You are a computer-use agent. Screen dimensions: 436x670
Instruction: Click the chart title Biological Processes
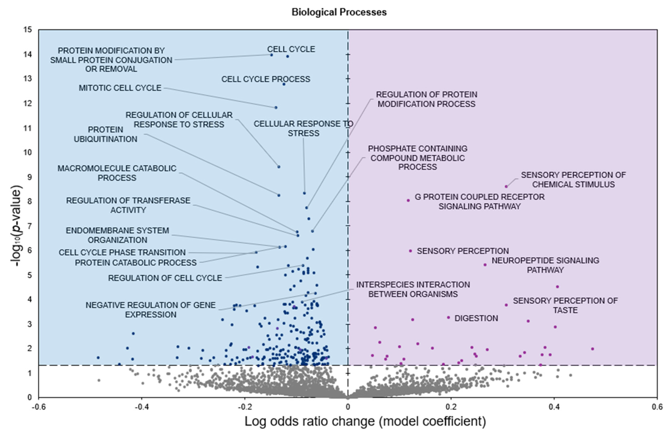pyautogui.click(x=339, y=12)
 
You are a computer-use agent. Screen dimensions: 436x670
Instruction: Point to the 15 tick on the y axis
pyautogui.click(x=28, y=30)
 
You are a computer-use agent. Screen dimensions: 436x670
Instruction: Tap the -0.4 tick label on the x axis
pyautogui.click(x=142, y=407)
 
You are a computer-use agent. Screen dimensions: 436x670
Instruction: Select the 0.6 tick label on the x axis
pyautogui.click(x=657, y=407)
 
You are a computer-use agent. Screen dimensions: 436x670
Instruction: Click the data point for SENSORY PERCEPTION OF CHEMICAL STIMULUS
pyautogui.click(x=506, y=186)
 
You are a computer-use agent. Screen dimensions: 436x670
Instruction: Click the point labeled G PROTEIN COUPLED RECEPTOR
pyautogui.click(x=408, y=201)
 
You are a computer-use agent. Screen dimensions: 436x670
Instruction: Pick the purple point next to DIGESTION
pyautogui.click(x=448, y=318)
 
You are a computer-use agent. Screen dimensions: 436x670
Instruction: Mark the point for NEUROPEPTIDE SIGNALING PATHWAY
pyautogui.click(x=485, y=265)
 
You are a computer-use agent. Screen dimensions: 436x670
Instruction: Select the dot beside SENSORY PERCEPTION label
pyautogui.click(x=410, y=251)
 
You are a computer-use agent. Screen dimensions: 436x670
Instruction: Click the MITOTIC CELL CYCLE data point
pyautogui.click(x=276, y=108)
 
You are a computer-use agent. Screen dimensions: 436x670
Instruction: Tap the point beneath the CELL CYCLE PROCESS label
pyautogui.click(x=284, y=84)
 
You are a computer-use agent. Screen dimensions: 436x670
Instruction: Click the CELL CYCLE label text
pyautogui.click(x=291, y=49)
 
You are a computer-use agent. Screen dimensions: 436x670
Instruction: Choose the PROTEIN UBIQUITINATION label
pyautogui.click(x=106, y=134)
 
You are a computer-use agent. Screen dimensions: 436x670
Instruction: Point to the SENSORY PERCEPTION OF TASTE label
pyautogui.click(x=565, y=305)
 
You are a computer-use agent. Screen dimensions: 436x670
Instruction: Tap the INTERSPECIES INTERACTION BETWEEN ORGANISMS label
pyautogui.click(x=413, y=289)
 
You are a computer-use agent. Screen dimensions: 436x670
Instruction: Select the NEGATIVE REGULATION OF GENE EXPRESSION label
pyautogui.click(x=151, y=310)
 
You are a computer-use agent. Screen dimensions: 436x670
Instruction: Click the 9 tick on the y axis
pyautogui.click(x=30, y=177)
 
